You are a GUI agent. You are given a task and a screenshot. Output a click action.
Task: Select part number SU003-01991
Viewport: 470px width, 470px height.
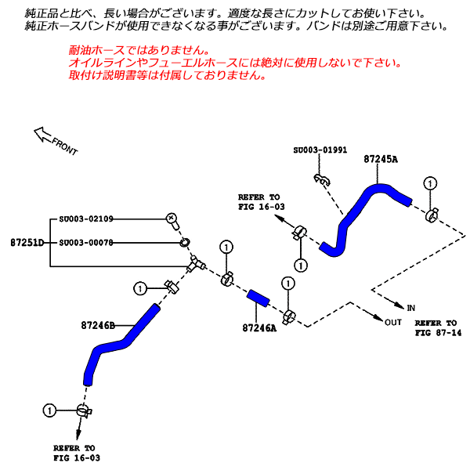pos(320,150)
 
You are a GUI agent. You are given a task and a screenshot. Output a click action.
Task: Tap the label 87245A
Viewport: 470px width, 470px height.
pos(381,159)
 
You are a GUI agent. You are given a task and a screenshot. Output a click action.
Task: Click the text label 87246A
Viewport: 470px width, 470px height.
pos(259,328)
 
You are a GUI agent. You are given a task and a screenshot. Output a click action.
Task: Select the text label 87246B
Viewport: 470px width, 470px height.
pos(98,324)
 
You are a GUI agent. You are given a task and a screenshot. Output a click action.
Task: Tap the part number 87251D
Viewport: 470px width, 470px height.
pos(27,242)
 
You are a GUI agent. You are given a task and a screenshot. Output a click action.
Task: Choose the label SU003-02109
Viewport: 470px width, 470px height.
pos(86,219)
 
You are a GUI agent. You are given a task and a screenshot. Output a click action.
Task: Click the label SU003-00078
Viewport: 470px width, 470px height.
pos(86,242)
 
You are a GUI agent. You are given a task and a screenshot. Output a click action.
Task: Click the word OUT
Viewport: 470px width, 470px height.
pos(393,321)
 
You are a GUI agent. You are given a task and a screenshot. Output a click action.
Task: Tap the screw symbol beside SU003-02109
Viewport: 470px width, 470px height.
pos(172,217)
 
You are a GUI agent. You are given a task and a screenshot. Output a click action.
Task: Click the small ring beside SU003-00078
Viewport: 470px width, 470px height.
pos(185,242)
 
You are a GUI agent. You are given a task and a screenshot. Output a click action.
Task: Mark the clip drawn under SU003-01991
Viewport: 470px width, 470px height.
pos(320,180)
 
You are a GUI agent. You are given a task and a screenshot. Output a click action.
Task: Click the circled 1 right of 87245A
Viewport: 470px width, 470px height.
pos(429,183)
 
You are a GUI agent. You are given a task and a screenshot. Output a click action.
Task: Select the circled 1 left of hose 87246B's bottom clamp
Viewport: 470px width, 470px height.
pos(49,410)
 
